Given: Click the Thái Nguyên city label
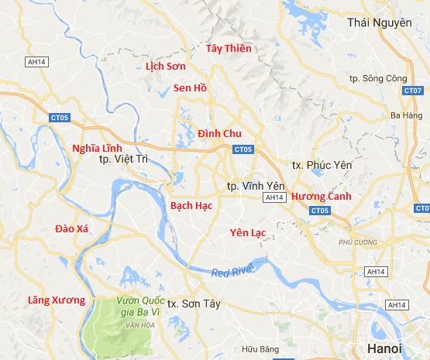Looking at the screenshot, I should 379,22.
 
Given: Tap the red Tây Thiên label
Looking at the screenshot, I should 229,49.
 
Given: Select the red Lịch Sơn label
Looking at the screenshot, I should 166,67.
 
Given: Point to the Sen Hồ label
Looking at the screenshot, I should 190,87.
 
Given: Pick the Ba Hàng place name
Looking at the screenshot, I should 404,115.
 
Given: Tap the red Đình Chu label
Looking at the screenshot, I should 219,133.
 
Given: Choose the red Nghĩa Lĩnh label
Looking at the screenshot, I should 97,147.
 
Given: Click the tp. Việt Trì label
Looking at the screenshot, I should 123,159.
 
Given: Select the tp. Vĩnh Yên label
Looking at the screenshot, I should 256,187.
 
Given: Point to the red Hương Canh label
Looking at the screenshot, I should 322,197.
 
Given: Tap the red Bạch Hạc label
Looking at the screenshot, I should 191,205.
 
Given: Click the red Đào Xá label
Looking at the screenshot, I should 73,228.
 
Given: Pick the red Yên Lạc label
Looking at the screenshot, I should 249,232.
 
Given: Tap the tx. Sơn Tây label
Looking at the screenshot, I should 194,304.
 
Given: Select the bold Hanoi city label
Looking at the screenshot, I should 384,348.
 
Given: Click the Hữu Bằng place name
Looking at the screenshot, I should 260,350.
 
